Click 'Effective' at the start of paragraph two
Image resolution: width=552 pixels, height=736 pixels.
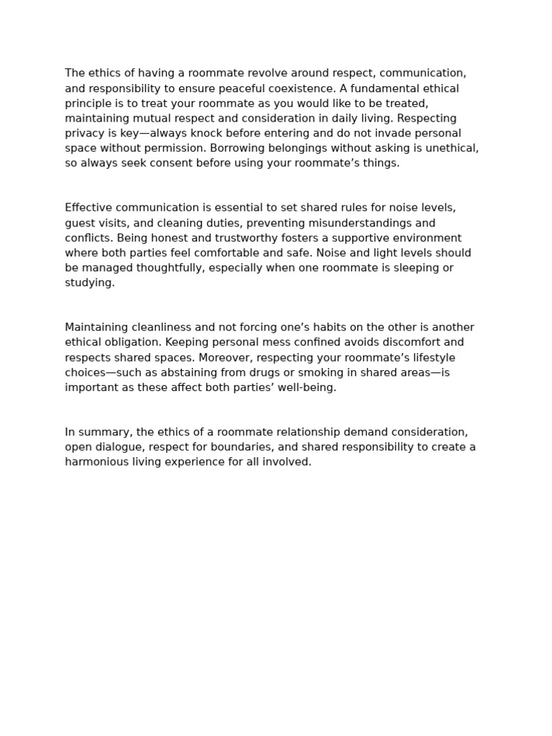pos(88,208)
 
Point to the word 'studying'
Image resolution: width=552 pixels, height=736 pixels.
pos(88,283)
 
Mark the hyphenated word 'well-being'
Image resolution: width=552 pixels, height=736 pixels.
pos(306,387)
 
